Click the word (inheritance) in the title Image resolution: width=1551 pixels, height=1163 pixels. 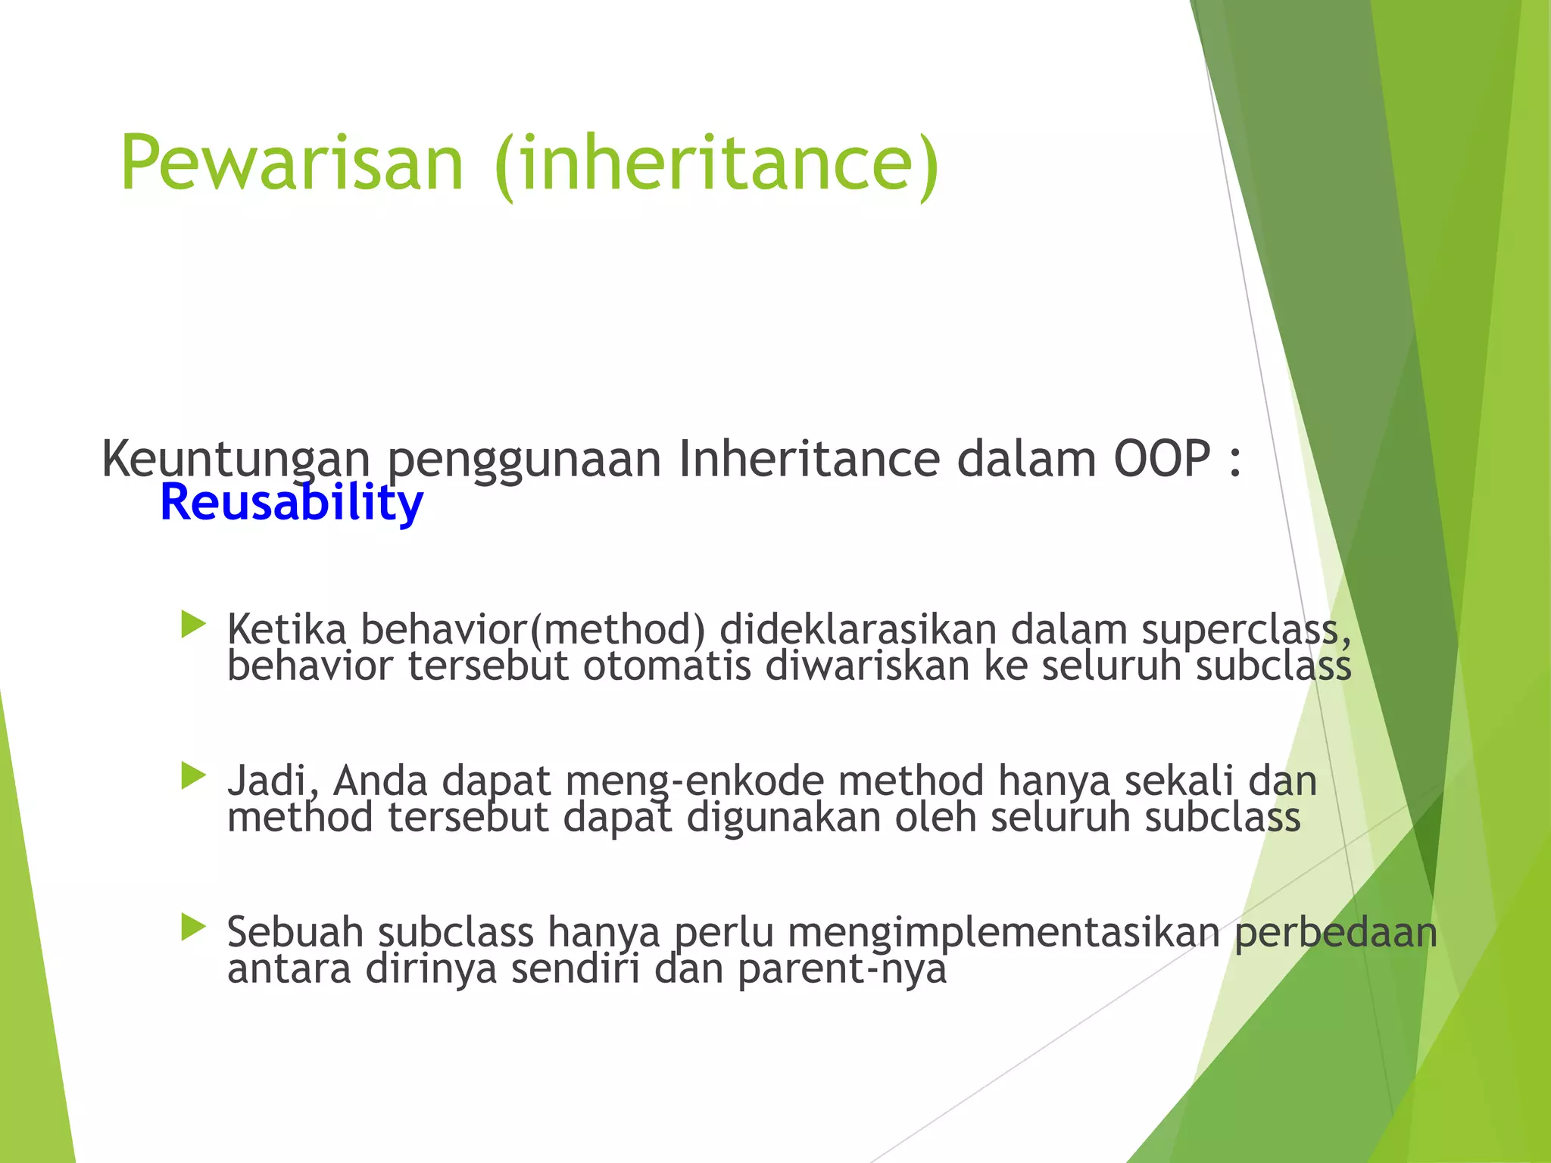pos(716,166)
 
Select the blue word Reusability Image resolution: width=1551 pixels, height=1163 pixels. pos(292,504)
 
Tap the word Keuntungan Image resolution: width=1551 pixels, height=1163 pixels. pos(236,460)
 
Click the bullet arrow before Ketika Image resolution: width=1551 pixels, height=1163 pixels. pos(194,625)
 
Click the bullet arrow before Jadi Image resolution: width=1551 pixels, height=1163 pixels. pos(194,777)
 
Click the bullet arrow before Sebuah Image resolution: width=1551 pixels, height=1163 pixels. pos(194,928)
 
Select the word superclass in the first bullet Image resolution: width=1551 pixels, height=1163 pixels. pos(1245,631)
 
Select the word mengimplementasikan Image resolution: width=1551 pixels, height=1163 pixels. pos(1003,932)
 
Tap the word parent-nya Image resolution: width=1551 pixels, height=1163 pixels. pos(841,970)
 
